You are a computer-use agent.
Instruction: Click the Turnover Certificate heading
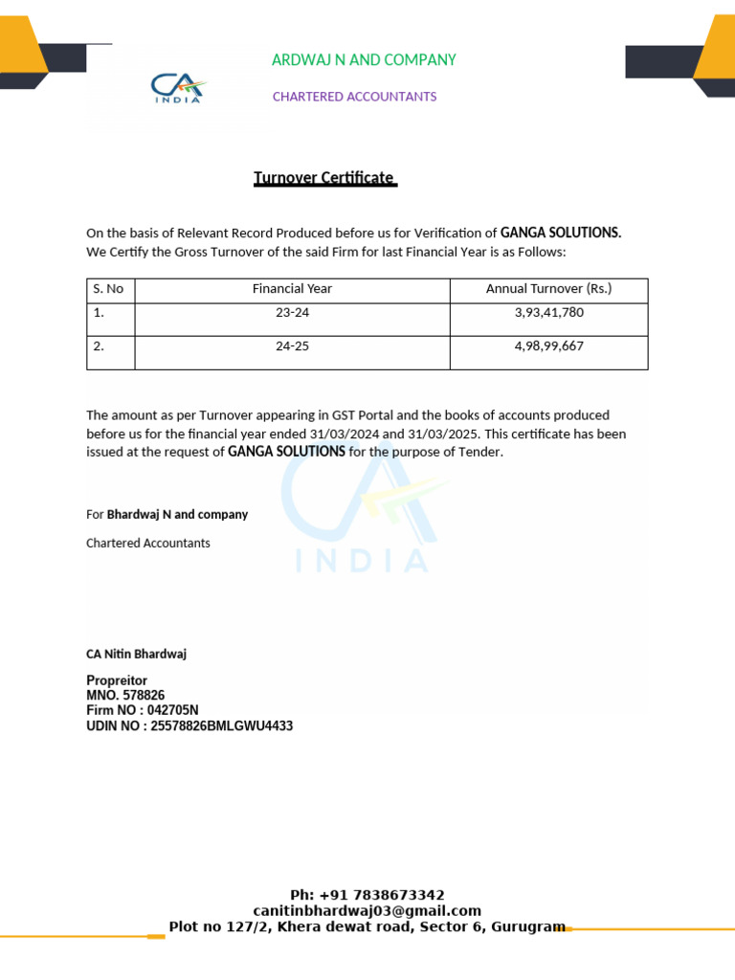tap(324, 178)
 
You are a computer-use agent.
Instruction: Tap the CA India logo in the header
tap(178, 89)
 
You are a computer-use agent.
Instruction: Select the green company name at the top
tap(364, 60)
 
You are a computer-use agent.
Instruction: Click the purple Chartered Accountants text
tap(354, 97)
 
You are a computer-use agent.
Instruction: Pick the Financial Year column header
tap(292, 288)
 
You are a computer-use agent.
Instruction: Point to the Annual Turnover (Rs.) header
tap(548, 288)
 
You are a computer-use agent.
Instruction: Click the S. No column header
tap(108, 288)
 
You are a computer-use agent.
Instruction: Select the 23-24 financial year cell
tap(292, 313)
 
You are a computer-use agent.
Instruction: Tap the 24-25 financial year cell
tap(292, 346)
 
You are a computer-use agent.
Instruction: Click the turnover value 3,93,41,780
tap(548, 313)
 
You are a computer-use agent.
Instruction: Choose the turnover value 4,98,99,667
tap(548, 346)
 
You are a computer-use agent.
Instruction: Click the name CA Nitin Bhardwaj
tap(136, 654)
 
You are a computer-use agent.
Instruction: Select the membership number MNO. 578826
tap(125, 696)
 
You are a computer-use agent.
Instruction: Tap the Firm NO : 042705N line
tap(143, 711)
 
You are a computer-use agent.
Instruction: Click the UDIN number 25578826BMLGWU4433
tap(222, 726)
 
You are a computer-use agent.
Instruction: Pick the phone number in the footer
tap(367, 896)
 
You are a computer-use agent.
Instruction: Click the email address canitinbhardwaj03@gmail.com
tap(367, 911)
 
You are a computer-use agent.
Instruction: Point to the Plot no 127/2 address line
tap(367, 926)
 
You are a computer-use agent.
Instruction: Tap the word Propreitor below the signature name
tap(117, 680)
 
